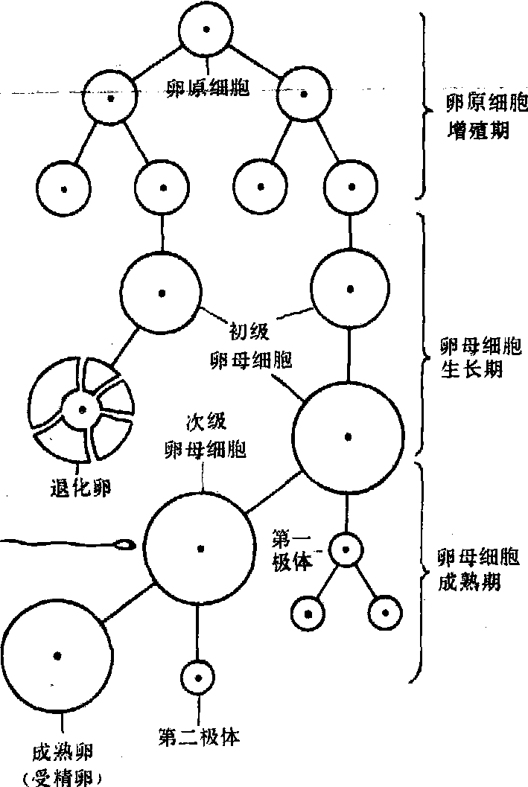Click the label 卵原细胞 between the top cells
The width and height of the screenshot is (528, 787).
click(x=206, y=89)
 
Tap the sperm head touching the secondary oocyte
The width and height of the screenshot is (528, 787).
click(x=127, y=545)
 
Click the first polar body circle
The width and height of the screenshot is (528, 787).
click(x=346, y=550)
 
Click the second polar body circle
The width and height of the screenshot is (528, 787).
click(x=198, y=678)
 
